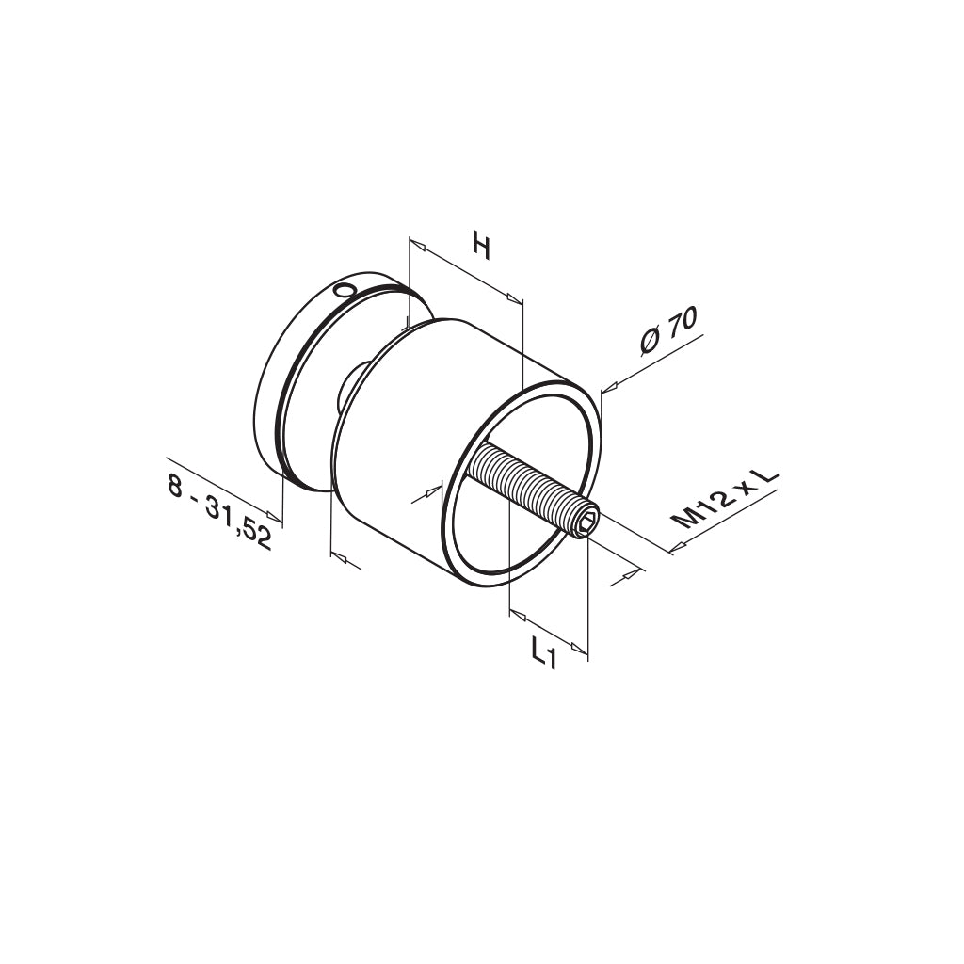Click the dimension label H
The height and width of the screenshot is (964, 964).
coord(483,245)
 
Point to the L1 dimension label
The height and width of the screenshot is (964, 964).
coord(543,653)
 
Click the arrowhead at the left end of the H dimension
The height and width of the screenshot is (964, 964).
coord(417,245)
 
